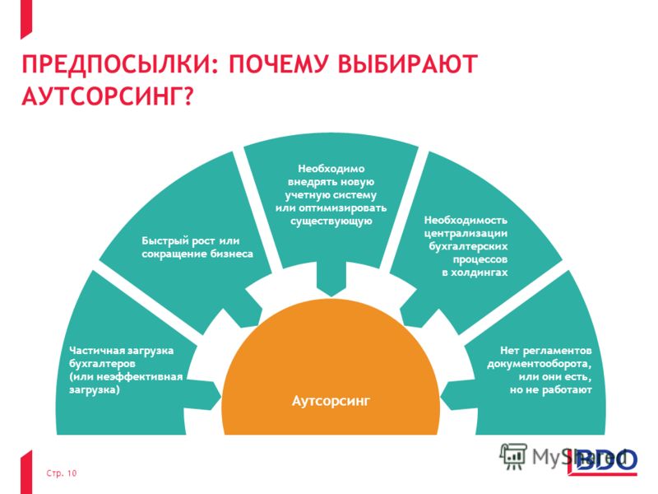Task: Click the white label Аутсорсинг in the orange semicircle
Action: tap(331, 401)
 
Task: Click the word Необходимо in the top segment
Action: tap(331, 169)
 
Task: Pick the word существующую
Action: tap(331, 221)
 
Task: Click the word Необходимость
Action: tap(466, 221)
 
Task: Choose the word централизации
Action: tap(466, 234)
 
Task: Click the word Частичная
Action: tap(92, 351)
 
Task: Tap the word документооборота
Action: tap(540, 364)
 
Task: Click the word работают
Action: tap(567, 390)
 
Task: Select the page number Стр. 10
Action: tap(61, 473)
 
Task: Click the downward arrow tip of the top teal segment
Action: tap(331, 296)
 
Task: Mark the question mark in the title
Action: tap(188, 96)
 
